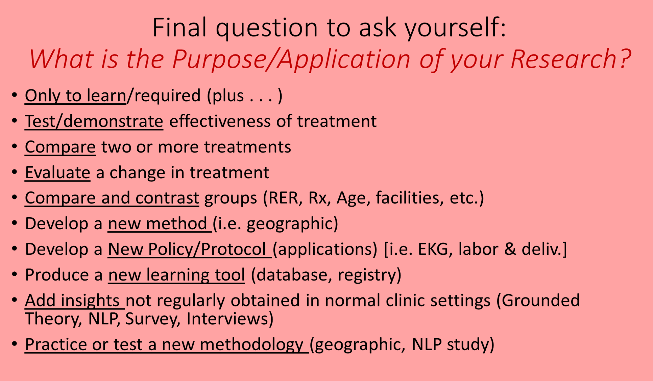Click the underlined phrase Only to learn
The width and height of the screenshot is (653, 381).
(x=75, y=96)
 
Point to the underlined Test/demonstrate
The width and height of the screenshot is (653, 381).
(x=94, y=121)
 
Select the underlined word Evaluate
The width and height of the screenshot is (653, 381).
(x=57, y=173)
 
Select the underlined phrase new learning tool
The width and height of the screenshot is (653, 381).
(x=176, y=275)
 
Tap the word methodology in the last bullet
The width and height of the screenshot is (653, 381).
(x=252, y=345)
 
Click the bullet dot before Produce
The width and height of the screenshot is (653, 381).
(x=15, y=275)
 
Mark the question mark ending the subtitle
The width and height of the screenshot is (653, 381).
(x=625, y=58)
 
